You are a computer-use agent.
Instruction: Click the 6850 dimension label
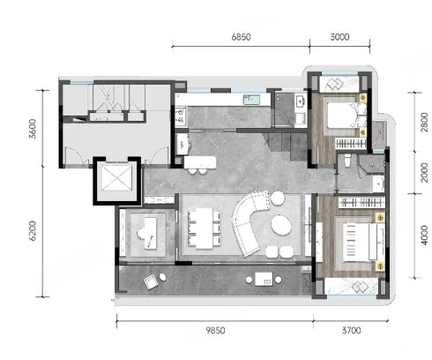pyautogui.click(x=241, y=37)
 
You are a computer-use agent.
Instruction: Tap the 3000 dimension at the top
pyautogui.click(x=339, y=37)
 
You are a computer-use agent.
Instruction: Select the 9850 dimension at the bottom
pyautogui.click(x=215, y=331)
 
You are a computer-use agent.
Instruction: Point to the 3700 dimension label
pyautogui.click(x=351, y=331)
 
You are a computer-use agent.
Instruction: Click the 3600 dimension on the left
pyautogui.click(x=33, y=129)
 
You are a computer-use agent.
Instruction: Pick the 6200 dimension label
pyautogui.click(x=33, y=231)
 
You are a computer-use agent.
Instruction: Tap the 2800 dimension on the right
pyautogui.click(x=424, y=122)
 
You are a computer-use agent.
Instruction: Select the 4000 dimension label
pyautogui.click(x=424, y=235)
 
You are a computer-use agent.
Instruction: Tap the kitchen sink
pyautogui.click(x=251, y=100)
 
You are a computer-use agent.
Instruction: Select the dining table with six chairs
pyautogui.click(x=205, y=229)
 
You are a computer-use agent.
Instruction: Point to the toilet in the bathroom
pyautogui.click(x=347, y=161)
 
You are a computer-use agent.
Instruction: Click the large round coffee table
pyautogui.click(x=281, y=225)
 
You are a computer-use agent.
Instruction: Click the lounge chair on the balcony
pyautogui.click(x=151, y=281)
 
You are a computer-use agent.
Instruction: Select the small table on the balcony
pyautogui.click(x=264, y=279)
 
